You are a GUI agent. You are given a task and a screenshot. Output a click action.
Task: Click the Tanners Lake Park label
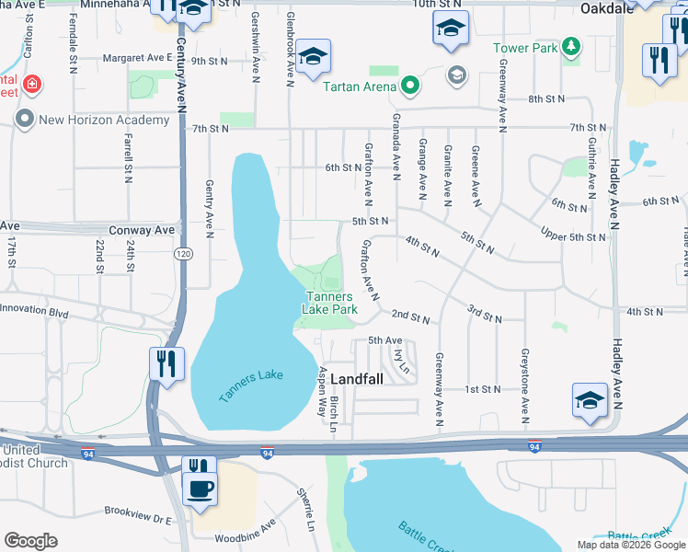[x=330, y=303]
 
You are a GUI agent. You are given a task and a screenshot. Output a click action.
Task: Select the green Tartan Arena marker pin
[x=409, y=87]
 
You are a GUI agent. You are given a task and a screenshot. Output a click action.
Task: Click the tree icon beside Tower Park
[x=571, y=46]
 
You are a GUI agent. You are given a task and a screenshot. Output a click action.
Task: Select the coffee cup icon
[x=200, y=488]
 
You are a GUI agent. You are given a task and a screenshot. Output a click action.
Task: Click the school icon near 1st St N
[x=590, y=400]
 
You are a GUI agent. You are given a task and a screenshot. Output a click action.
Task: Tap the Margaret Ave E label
[x=139, y=57]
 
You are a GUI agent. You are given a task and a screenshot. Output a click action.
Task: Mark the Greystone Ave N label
[x=526, y=380]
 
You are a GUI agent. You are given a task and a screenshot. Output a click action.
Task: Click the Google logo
[x=30, y=541]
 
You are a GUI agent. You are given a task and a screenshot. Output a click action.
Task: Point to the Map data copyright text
[x=630, y=545]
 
